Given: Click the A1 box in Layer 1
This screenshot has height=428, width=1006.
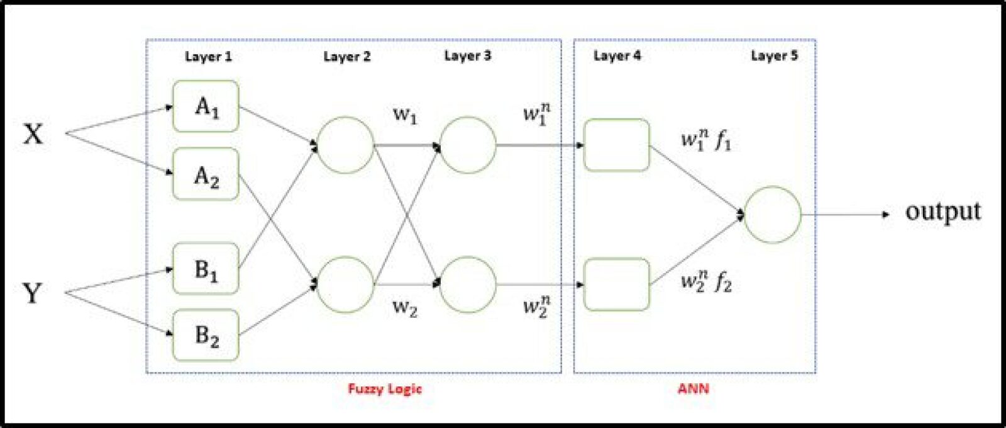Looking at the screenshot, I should point(206,106).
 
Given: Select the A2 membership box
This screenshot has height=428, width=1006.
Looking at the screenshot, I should point(206,174).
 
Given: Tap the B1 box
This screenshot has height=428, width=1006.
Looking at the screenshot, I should point(206,269).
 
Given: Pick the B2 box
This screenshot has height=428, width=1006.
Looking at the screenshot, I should point(206,335).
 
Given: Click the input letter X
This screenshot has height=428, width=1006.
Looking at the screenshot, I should point(33,134).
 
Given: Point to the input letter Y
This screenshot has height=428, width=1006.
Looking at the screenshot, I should point(32,293).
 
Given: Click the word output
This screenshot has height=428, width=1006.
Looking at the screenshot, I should point(942,211).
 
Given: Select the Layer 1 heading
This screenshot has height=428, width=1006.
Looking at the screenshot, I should point(208,57).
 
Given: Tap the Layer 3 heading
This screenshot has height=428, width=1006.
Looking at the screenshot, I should point(467,56).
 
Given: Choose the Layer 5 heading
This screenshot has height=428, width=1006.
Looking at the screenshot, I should point(774,56).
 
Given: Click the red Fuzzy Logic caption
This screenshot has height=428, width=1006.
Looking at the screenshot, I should point(385,389).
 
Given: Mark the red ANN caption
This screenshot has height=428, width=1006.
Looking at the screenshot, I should point(694,389).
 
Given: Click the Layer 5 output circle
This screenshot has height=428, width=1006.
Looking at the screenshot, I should point(773,215).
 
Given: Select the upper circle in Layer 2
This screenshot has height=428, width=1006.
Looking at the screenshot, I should point(345,145).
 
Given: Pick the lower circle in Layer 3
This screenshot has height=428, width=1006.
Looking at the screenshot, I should point(468,284).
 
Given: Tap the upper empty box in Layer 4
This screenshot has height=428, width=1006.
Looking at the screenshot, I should point(616,145).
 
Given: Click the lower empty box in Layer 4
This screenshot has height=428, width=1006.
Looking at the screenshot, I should point(616,284).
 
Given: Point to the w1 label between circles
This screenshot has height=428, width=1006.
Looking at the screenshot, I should point(405,115).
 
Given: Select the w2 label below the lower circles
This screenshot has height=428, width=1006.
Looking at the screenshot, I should point(405,308).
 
